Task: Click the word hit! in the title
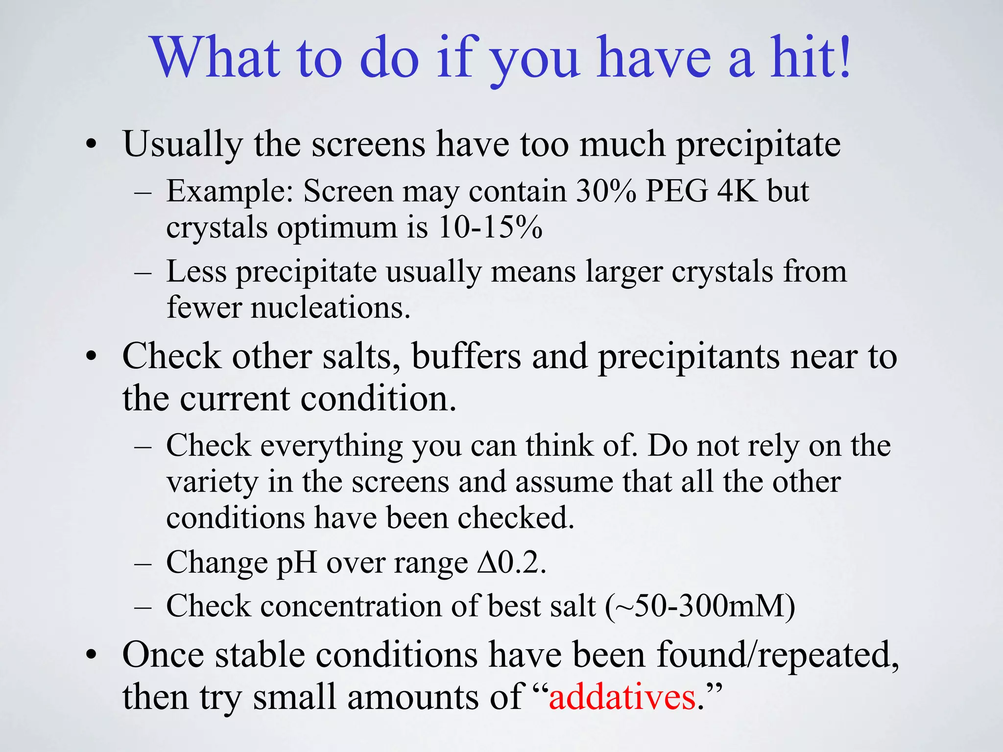pos(811,57)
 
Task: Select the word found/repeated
pos(777,655)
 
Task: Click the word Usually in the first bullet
pos(183,144)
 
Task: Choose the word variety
pos(212,482)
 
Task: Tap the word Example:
pos(230,191)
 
